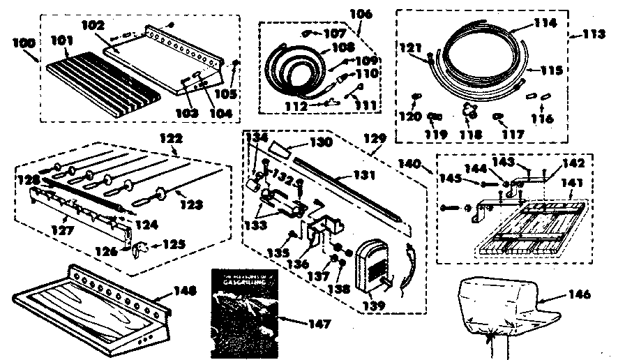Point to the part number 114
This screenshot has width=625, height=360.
pyautogui.click(x=545, y=22)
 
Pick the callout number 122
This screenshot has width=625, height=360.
pyautogui.click(x=170, y=139)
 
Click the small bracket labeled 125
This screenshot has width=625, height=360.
pyautogui.click(x=137, y=246)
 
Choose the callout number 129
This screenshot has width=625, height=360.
pyautogui.click(x=381, y=141)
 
